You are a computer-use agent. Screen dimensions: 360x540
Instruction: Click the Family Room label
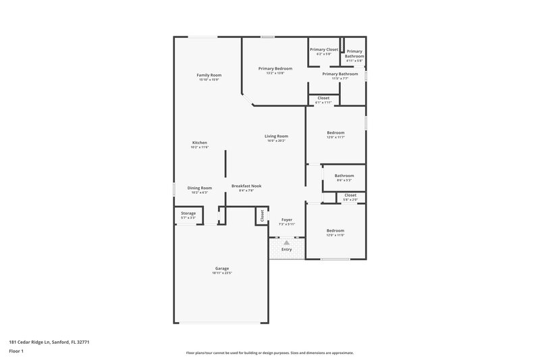[x=209, y=75]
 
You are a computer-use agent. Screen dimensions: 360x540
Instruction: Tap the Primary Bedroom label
[x=275, y=68]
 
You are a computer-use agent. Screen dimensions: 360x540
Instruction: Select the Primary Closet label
[x=324, y=49]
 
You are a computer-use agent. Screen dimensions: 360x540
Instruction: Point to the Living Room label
[x=276, y=136]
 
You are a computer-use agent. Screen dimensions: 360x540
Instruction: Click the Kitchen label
[x=199, y=143]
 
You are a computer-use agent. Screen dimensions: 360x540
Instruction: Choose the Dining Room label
[x=199, y=188]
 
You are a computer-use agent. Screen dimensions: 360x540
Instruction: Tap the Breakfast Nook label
[x=246, y=186]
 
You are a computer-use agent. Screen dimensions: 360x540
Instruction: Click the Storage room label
[x=188, y=213]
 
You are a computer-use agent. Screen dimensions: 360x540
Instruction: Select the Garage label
[x=222, y=268]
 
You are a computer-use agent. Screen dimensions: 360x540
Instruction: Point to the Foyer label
[x=287, y=220]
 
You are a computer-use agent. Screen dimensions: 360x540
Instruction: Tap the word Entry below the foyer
[x=287, y=249]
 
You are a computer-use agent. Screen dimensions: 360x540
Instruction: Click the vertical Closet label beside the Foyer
[x=261, y=216]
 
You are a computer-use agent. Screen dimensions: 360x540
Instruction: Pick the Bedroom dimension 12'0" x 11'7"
[x=335, y=137]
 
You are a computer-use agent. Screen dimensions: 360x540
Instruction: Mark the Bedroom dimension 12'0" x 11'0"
[x=335, y=234]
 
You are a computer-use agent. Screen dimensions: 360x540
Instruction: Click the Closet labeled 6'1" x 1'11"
[x=323, y=102]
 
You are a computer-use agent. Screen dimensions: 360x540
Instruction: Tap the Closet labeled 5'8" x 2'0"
[x=350, y=199]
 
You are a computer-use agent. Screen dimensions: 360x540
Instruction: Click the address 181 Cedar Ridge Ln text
[x=49, y=342]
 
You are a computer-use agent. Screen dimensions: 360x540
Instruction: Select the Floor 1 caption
[x=17, y=351]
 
